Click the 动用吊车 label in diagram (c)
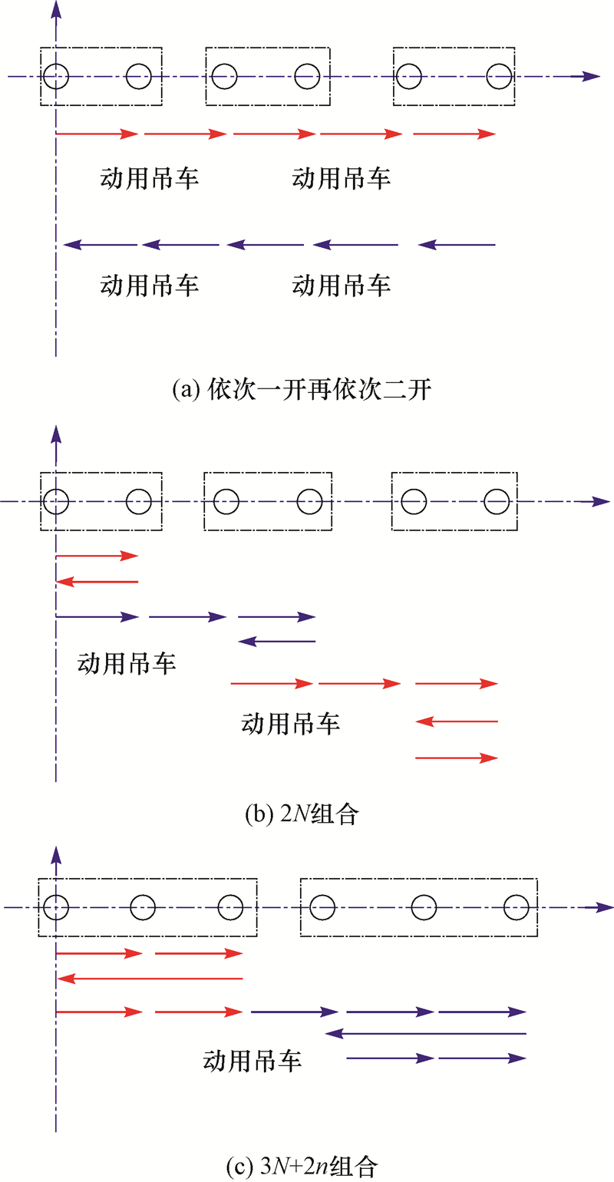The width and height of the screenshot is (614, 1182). [252, 1061]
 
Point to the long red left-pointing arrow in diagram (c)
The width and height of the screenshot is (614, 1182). [150, 978]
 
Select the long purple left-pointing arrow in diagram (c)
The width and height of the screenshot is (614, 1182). [426, 1034]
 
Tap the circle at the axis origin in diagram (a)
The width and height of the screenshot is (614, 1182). [56, 76]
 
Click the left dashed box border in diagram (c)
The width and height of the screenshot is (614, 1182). [38, 907]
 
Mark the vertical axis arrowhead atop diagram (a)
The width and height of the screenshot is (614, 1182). [56, 9]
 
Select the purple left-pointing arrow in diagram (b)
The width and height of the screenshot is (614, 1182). [276, 641]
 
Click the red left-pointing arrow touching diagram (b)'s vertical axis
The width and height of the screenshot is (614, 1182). [97, 583]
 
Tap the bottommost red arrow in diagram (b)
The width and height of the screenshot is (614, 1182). [457, 758]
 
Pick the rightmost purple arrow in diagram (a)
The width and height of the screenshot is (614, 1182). [457, 246]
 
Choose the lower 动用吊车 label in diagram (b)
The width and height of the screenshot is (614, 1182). [291, 723]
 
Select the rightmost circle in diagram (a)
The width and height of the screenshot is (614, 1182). [500, 76]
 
